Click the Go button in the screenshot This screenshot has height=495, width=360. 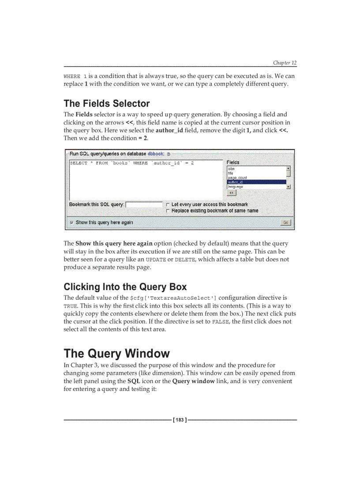[285, 223]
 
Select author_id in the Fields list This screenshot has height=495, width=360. [235, 182]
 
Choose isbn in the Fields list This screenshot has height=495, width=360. [231, 169]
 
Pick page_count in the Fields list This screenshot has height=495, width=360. [237, 178]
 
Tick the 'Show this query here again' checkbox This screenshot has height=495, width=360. [72, 223]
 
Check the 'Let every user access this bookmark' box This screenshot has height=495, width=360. [168, 205]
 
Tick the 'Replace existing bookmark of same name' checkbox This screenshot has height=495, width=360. [168, 211]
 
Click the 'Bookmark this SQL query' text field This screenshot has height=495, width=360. [144, 205]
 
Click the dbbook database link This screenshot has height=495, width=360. [156, 154]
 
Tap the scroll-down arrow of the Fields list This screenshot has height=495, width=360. [289, 187]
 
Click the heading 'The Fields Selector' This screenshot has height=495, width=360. [107, 104]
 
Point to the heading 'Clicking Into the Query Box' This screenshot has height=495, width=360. [125, 287]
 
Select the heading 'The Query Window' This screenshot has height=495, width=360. [116, 354]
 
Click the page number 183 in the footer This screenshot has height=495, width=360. [180, 420]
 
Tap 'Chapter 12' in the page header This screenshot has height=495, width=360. [285, 63]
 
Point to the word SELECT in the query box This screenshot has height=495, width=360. [79, 163]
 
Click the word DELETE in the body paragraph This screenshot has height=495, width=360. [185, 260]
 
